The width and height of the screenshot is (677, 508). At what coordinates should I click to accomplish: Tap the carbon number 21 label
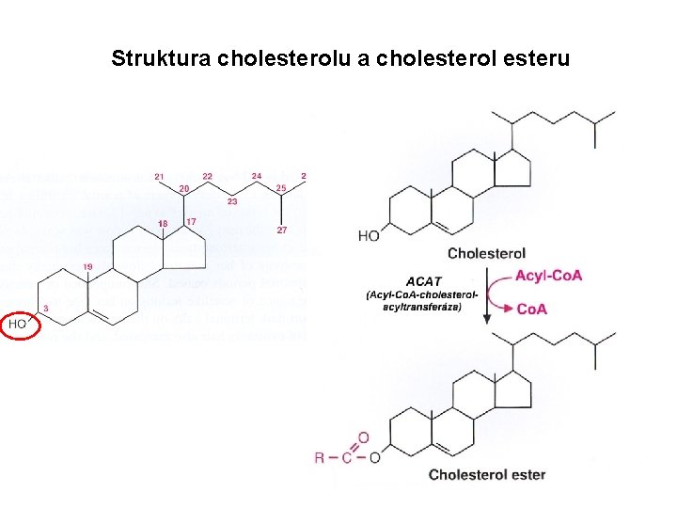point(159,176)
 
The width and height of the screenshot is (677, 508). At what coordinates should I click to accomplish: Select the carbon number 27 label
point(281,230)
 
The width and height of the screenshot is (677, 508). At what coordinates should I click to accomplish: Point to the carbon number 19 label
point(87,267)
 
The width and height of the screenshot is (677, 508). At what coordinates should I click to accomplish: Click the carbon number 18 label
point(163,223)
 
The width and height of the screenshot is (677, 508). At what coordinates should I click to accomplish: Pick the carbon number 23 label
point(232,201)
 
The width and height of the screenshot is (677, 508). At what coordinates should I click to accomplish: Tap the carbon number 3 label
point(46,309)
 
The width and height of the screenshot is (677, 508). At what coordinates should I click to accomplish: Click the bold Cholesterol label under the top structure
point(486,253)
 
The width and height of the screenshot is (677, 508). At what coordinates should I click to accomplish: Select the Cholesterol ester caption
point(487,474)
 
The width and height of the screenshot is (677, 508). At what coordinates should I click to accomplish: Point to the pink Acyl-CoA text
point(549,276)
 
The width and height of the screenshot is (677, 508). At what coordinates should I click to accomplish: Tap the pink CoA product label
point(532,309)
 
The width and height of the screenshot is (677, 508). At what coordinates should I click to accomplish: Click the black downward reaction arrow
point(487,297)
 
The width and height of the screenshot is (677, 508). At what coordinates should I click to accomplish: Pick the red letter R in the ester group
point(320,458)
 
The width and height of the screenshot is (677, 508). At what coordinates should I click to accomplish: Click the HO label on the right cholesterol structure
point(369,235)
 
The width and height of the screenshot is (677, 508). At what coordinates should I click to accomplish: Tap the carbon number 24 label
point(257,176)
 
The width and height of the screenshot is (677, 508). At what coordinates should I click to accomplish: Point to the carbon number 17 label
point(191,221)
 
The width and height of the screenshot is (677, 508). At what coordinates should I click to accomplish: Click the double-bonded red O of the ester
point(363,437)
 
